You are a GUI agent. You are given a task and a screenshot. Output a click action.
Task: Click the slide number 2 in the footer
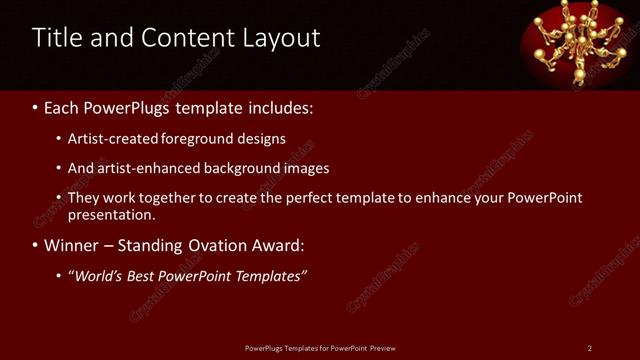pos(589,348)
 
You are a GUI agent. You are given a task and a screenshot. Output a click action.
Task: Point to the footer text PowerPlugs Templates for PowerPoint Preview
pos(320,348)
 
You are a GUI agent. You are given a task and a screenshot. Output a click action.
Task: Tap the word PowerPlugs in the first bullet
pos(128,106)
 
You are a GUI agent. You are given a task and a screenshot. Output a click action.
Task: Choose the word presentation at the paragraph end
pos(111,214)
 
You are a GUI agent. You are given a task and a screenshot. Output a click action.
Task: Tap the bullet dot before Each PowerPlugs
pos(36,106)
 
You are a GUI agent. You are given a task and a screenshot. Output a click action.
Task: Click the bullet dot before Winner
pos(36,245)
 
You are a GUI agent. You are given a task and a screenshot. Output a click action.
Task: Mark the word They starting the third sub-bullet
pos(84,198)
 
